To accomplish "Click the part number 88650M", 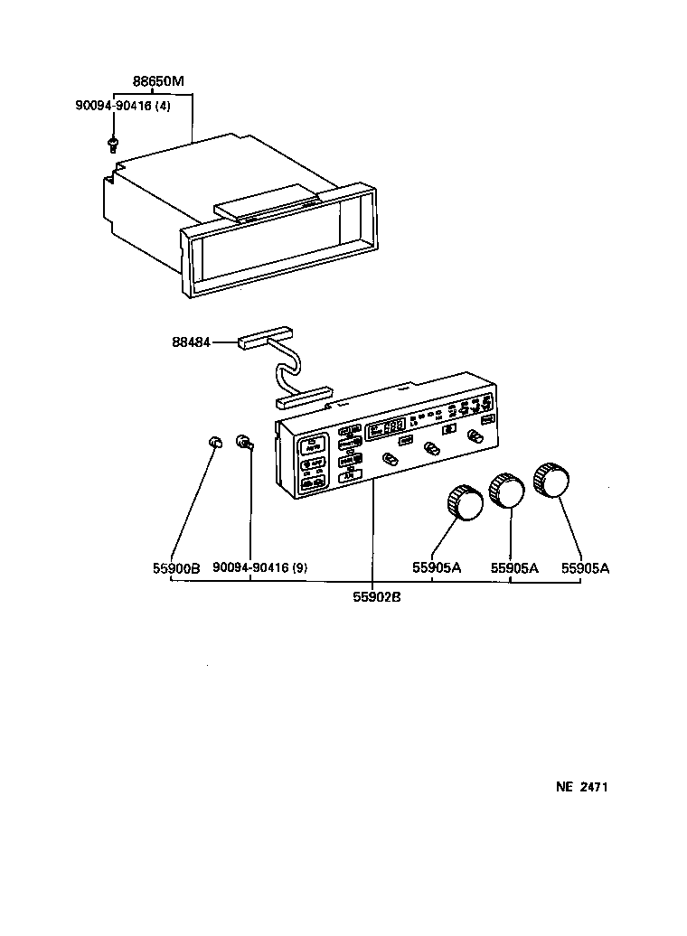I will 158,81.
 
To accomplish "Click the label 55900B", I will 175,568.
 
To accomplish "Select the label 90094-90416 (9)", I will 260,568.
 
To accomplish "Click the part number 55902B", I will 371,596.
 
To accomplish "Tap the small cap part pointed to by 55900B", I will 215,442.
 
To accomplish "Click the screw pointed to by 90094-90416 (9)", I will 244,442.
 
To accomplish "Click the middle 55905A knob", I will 506,490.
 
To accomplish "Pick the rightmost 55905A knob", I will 551,480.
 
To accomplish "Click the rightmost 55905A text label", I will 585,568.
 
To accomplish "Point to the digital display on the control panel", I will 385,431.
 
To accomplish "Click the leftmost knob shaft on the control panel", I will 391,460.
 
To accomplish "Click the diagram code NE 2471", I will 580,787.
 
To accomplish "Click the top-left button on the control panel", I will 314,444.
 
